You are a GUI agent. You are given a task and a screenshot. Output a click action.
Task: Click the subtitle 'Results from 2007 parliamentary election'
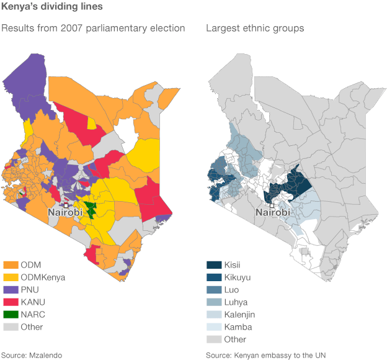pyautogui.click(x=93, y=28)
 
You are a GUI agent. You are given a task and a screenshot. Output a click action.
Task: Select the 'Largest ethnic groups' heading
pyautogui.click(x=255, y=28)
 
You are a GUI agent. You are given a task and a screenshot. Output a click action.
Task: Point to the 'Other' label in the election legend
pyautogui.click(x=32, y=327)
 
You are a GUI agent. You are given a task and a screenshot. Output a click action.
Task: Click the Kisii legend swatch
pyautogui.click(x=213, y=265)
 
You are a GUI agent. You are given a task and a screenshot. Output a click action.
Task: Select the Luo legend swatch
pyautogui.click(x=213, y=290)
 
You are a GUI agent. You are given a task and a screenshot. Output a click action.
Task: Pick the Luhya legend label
pyautogui.click(x=238, y=302)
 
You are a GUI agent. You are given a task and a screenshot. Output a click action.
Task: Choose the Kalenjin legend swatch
pyautogui.click(x=213, y=315)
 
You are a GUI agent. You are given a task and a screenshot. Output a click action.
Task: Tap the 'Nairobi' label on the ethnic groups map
pyautogui.click(x=272, y=213)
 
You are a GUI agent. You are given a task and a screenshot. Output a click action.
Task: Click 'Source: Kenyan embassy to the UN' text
pyautogui.click(x=266, y=355)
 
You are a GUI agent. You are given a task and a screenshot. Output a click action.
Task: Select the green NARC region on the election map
pyautogui.click(x=91, y=210)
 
